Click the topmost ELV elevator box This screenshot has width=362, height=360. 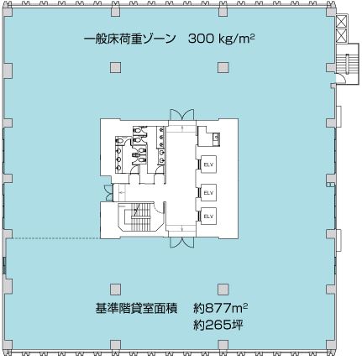[x=208, y=164]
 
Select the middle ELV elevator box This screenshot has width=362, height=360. [x=208, y=193]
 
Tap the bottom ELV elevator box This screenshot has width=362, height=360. [x=208, y=217]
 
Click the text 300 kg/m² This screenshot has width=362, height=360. [x=221, y=39]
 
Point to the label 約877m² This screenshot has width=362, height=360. [x=221, y=309]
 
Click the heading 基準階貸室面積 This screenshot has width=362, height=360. [x=136, y=309]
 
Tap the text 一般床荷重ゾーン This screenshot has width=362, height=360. [x=129, y=39]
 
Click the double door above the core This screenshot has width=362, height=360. [x=181, y=114]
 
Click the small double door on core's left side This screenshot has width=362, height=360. [x=108, y=193]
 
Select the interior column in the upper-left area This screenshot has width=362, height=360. [x=115, y=67]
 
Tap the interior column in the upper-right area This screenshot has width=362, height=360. [x=223, y=67]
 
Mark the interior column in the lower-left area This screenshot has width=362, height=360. [x=115, y=290]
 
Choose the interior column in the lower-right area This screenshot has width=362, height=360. [x=223, y=290]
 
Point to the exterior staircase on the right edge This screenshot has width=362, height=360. [x=347, y=64]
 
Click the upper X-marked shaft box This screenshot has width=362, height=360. [x=342, y=21]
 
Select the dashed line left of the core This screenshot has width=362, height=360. [x=54, y=238]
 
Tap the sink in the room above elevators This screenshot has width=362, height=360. [x=216, y=138]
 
